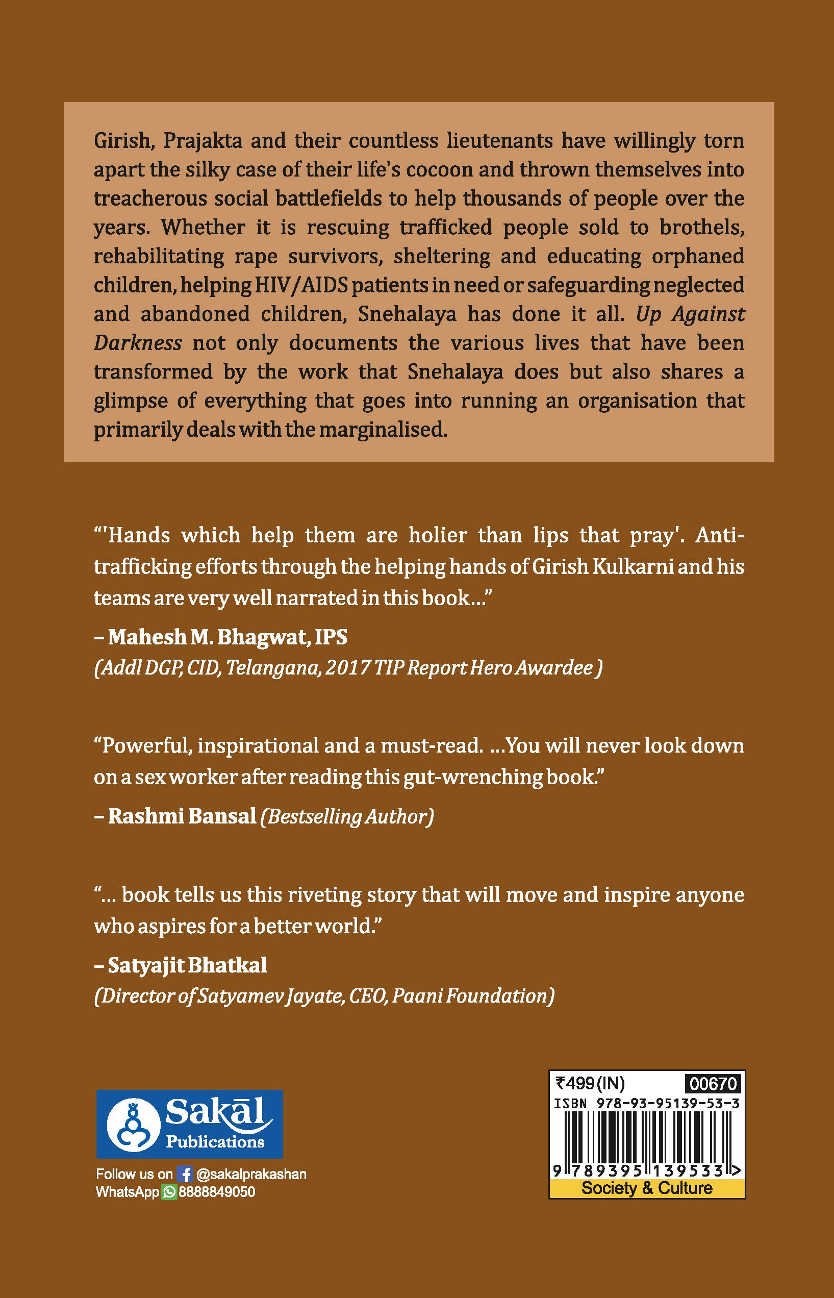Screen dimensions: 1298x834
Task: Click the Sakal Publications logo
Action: pos(189,1124)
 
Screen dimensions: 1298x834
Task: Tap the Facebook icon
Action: pos(185,1174)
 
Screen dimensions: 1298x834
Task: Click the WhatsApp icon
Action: pos(169,1192)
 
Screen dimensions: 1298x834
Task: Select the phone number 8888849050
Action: pos(217,1192)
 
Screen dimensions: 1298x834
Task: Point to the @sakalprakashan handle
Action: pos(251,1174)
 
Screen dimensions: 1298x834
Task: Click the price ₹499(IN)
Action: pos(590,1084)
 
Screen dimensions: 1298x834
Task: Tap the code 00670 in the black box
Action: pos(713,1084)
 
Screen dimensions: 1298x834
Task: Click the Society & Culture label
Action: pos(647,1188)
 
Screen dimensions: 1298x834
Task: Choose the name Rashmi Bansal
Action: pos(182,816)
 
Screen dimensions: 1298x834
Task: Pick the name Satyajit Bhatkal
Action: pos(187,965)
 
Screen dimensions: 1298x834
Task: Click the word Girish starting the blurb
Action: pos(123,141)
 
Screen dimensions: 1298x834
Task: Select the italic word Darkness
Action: pos(138,343)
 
